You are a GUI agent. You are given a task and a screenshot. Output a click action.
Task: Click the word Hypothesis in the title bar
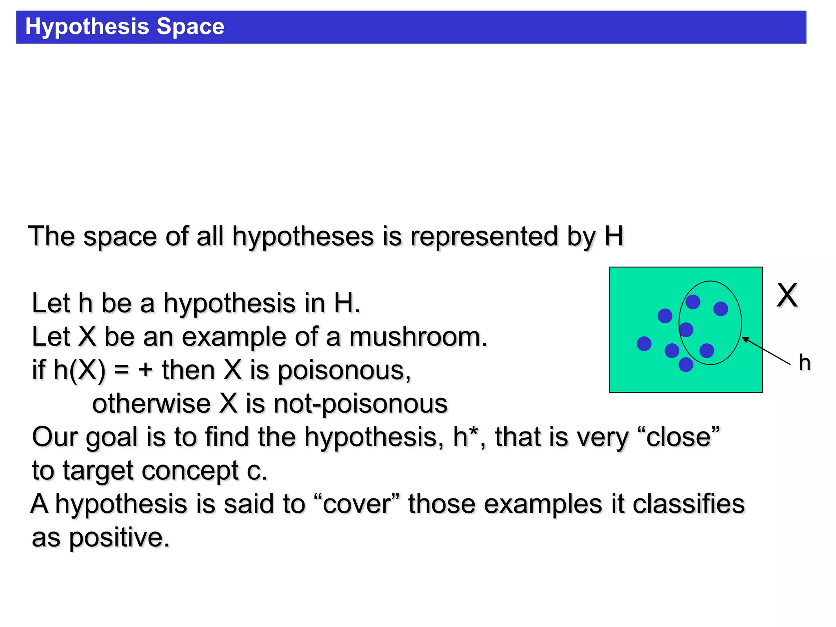click(x=87, y=27)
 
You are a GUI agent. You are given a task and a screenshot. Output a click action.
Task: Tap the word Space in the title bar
click(x=190, y=27)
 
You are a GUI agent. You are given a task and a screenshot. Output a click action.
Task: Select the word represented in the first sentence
click(x=484, y=236)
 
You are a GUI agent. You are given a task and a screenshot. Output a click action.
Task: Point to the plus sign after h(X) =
click(x=145, y=371)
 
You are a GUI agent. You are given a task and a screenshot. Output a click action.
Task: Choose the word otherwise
click(x=151, y=404)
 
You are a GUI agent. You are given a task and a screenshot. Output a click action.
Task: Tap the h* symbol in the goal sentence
click(x=465, y=436)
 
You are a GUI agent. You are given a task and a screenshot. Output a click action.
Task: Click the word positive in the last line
click(x=119, y=538)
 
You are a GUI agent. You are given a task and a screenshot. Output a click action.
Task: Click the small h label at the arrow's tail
click(x=804, y=363)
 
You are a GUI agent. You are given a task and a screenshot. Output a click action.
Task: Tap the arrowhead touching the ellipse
click(x=744, y=338)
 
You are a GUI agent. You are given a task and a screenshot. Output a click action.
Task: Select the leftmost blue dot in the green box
click(x=644, y=344)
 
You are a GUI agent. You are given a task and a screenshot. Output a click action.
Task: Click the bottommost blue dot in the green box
click(x=686, y=365)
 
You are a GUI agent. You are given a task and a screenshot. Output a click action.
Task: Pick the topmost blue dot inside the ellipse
click(x=693, y=302)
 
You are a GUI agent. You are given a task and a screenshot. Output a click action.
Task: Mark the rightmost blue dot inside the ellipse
click(x=720, y=309)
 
